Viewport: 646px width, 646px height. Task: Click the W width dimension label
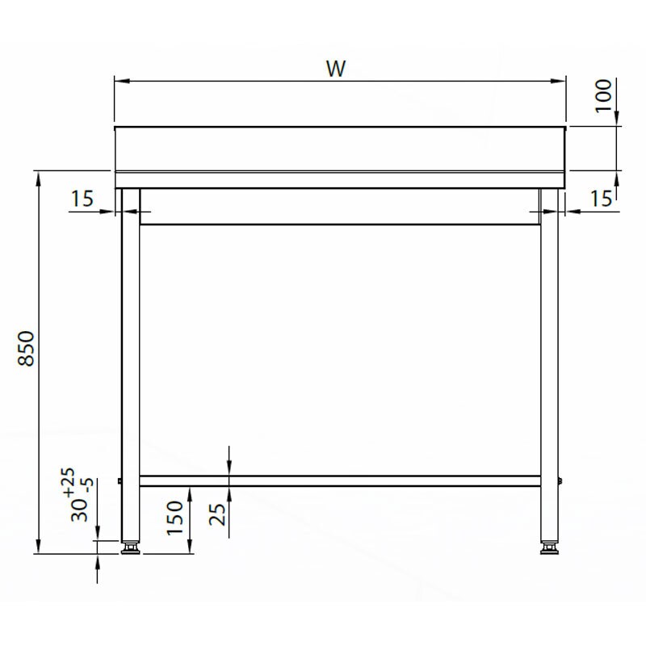pos(337,69)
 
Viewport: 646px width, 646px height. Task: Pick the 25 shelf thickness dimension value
pos(216,513)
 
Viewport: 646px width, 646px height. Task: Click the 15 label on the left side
pos(83,198)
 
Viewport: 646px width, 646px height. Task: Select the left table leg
pos(130,363)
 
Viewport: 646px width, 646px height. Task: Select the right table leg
pos(549,363)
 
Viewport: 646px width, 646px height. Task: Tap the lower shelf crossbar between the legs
pos(339,480)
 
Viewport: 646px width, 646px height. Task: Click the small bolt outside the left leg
pos(119,482)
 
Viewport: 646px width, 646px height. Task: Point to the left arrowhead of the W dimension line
pos(118,80)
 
